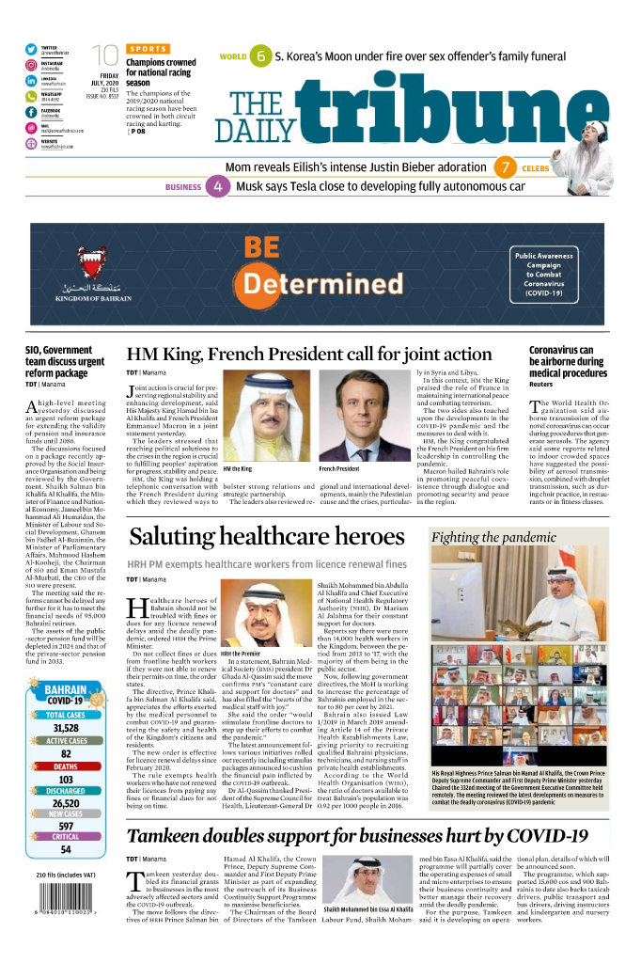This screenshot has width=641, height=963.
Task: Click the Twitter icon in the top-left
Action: pos(31,49)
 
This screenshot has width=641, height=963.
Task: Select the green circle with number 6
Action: pos(261,57)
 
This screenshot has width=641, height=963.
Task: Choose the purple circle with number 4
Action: pos(218,186)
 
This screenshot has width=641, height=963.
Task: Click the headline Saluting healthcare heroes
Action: pos(267,537)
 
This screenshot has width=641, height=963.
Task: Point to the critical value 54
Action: pos(66,849)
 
